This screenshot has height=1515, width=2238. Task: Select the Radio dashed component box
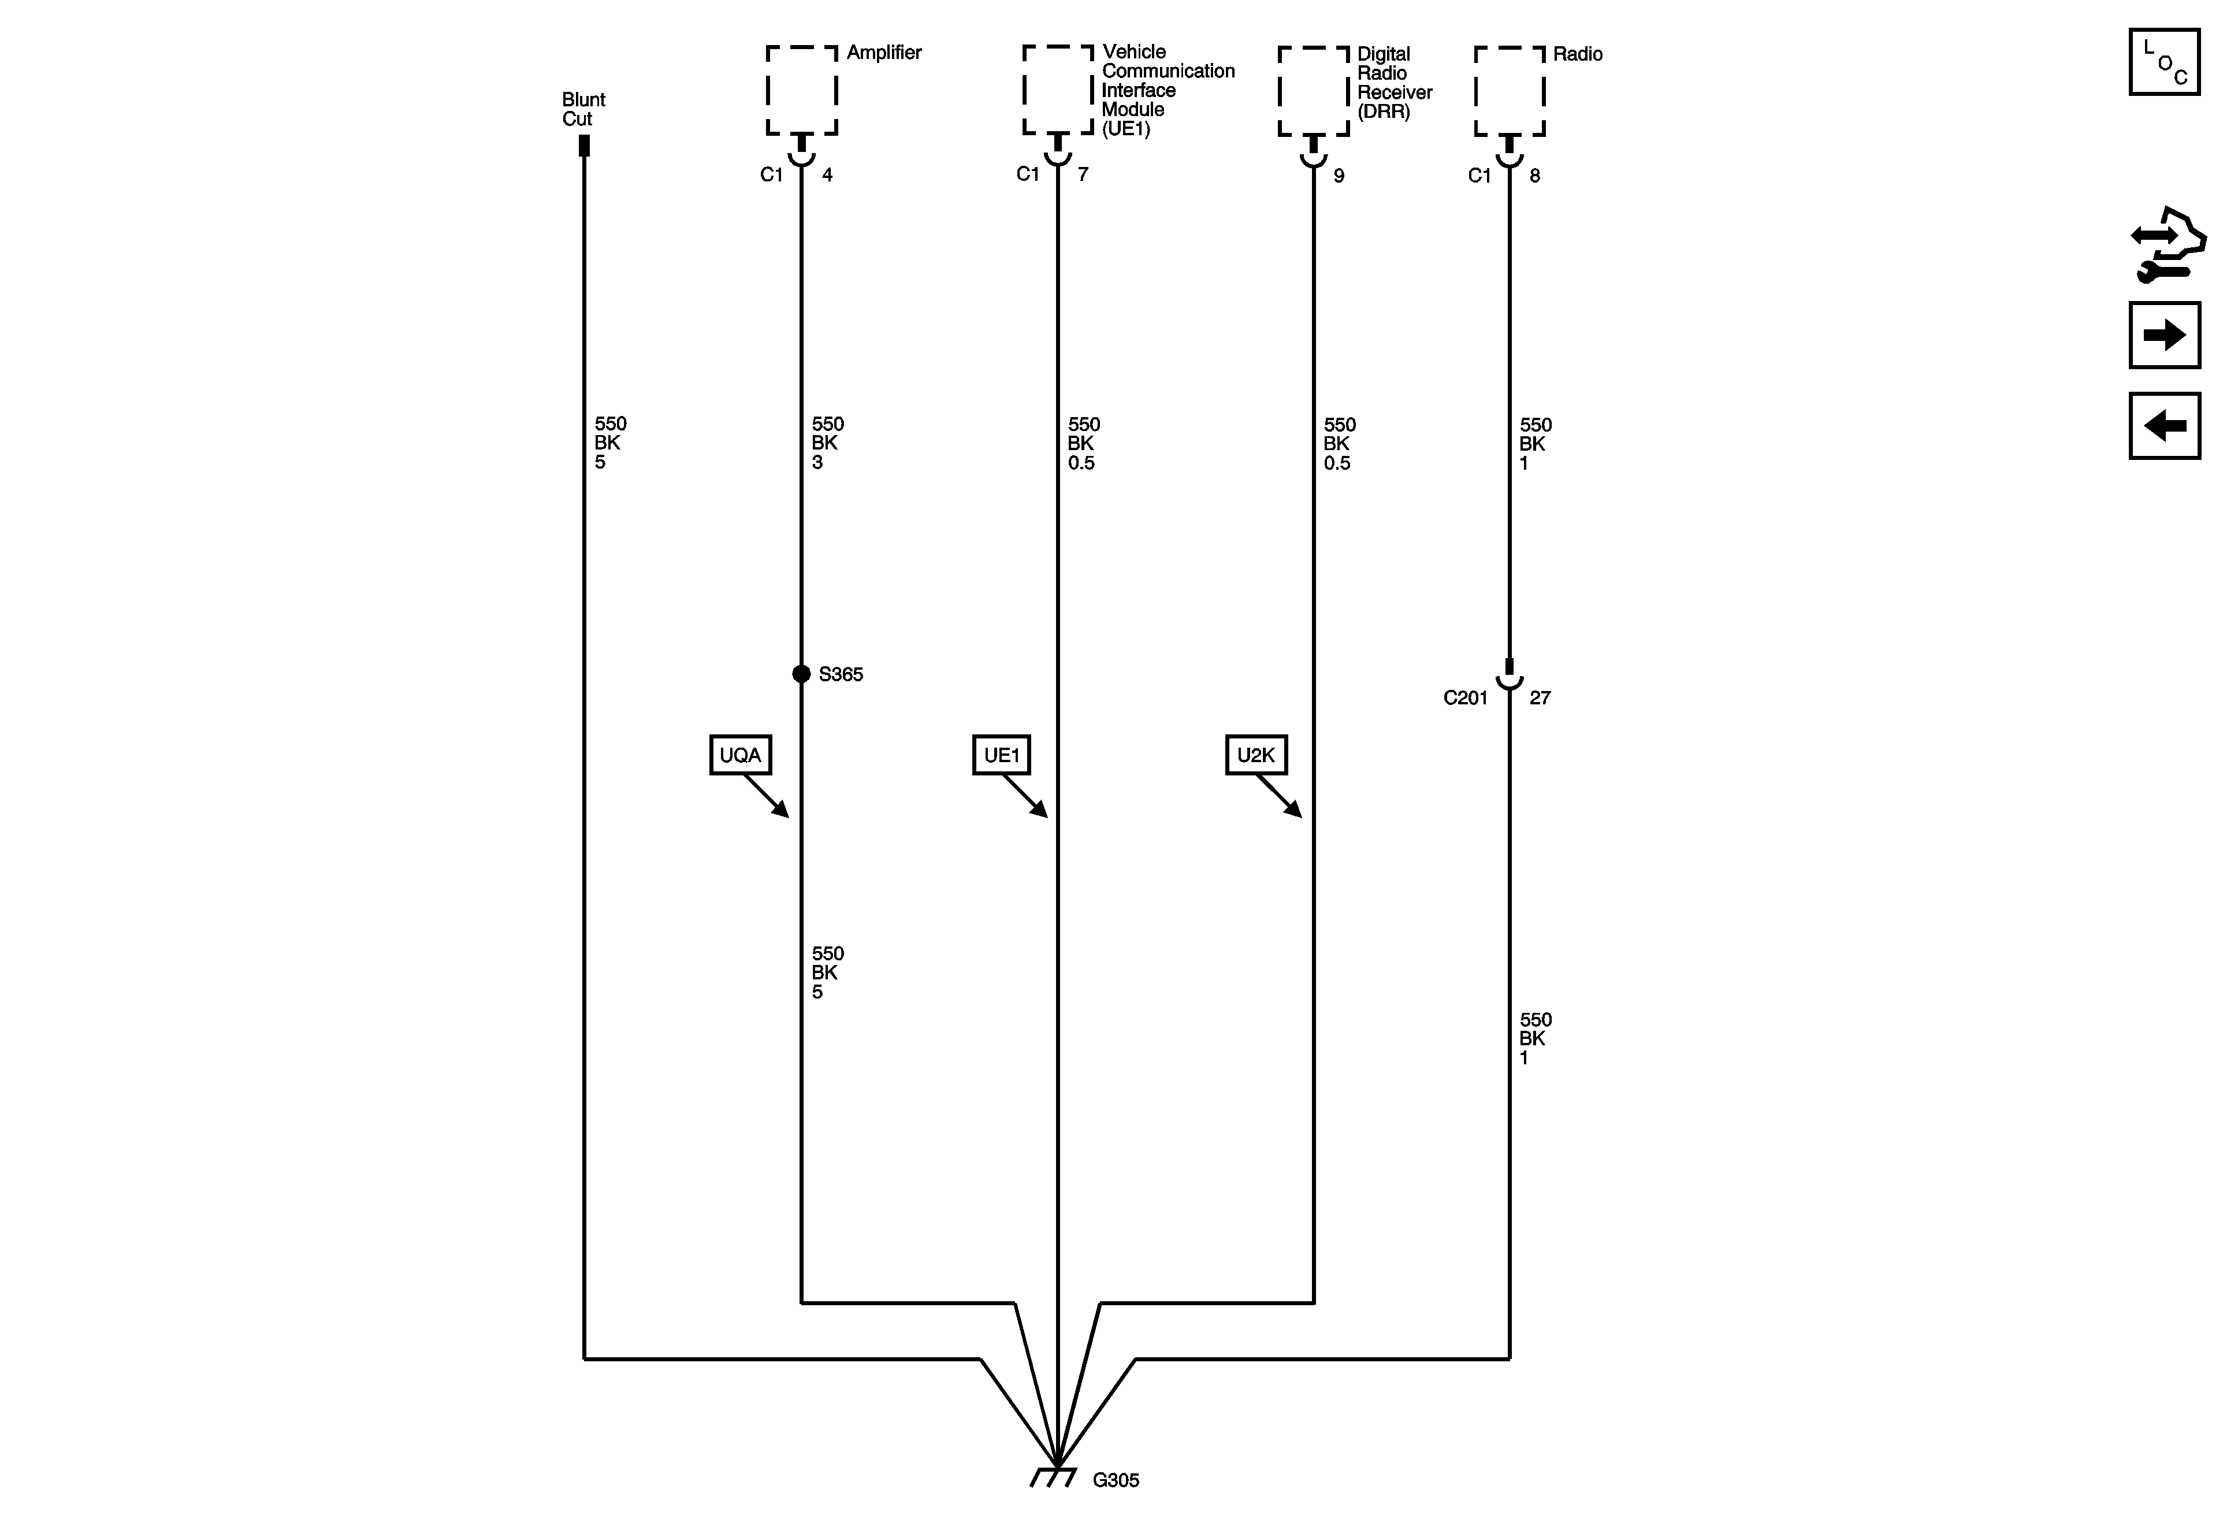[1509, 91]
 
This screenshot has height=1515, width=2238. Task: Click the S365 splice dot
[801, 674]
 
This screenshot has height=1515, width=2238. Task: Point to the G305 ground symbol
[1054, 1476]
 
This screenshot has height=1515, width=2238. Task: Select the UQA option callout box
[741, 755]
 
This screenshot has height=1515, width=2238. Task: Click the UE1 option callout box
[1002, 755]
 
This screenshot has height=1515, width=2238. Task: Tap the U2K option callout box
[1256, 755]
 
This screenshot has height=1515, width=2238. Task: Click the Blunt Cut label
[583, 109]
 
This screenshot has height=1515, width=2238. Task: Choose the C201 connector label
[1464, 698]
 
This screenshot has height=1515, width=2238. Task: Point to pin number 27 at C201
[1540, 698]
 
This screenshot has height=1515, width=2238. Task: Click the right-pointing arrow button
[2164, 335]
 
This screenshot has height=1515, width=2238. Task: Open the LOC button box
[2164, 62]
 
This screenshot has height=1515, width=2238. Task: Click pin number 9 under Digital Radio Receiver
[1339, 175]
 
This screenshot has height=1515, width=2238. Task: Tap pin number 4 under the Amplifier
[827, 175]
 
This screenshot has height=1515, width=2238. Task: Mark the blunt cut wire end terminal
[583, 146]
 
